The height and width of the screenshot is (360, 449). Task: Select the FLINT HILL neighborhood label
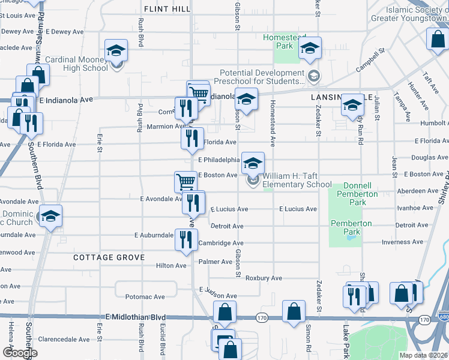pos(167,9)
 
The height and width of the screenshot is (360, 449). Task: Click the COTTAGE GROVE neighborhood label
pos(109,257)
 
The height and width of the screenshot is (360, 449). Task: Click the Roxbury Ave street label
pos(264,278)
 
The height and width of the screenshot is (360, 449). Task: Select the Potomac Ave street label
pos(145,297)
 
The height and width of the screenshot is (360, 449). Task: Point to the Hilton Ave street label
pos(171,265)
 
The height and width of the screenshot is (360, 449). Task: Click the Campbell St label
pos(369,61)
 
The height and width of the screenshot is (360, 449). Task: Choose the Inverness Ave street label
pos(405,243)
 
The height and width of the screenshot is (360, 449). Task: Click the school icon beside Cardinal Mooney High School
pos(116,50)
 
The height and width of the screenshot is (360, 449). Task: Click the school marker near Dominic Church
pos(50,216)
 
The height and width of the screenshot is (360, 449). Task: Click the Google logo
pos(19,353)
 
